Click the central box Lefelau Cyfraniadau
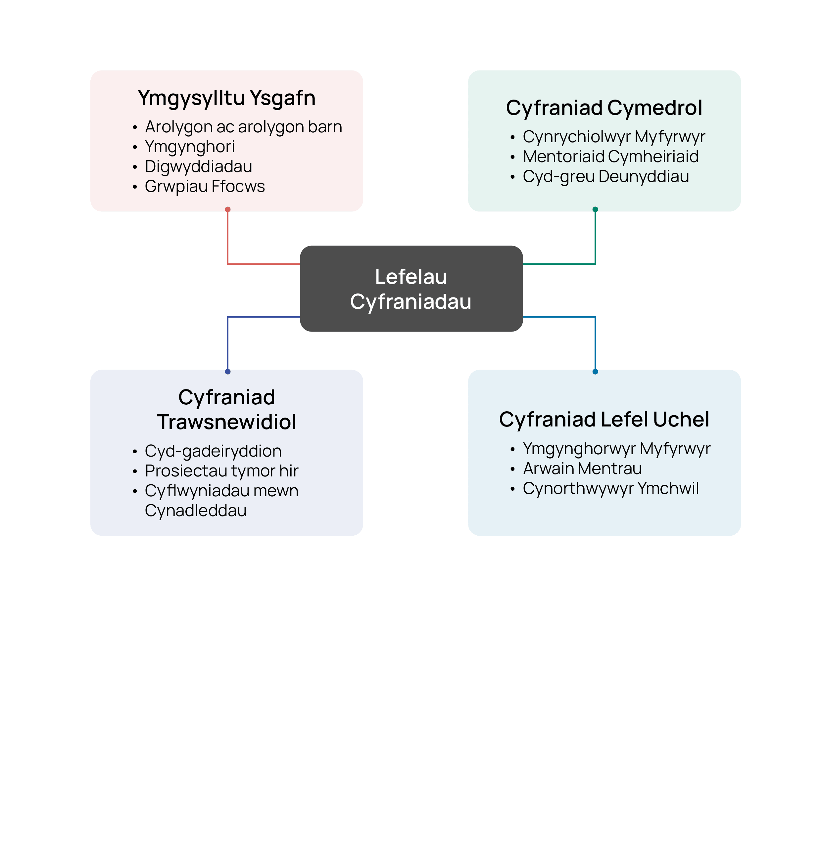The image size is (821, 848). click(x=411, y=289)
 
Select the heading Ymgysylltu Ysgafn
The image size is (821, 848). click(x=226, y=98)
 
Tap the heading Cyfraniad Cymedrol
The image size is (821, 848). click(x=604, y=108)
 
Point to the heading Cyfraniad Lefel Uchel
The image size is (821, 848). click(x=604, y=420)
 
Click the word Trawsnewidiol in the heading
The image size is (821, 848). click(x=226, y=422)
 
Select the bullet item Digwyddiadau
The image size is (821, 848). click(x=198, y=166)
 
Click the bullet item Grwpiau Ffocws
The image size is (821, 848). click(x=205, y=187)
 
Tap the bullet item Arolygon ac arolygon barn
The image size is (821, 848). click(x=243, y=127)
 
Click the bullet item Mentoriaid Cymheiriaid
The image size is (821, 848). click(x=611, y=156)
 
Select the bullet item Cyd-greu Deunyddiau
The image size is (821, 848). click(x=606, y=177)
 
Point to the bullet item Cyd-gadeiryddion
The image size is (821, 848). click(x=213, y=451)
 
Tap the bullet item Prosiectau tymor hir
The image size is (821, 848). click(x=221, y=471)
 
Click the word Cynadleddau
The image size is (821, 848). click(x=196, y=511)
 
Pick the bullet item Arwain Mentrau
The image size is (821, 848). click(x=582, y=469)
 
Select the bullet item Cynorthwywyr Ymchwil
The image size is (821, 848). click(x=611, y=488)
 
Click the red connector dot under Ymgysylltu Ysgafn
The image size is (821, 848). click(x=228, y=209)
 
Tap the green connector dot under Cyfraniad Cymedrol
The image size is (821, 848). click(x=595, y=209)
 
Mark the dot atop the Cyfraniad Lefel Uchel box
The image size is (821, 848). click(x=595, y=372)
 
